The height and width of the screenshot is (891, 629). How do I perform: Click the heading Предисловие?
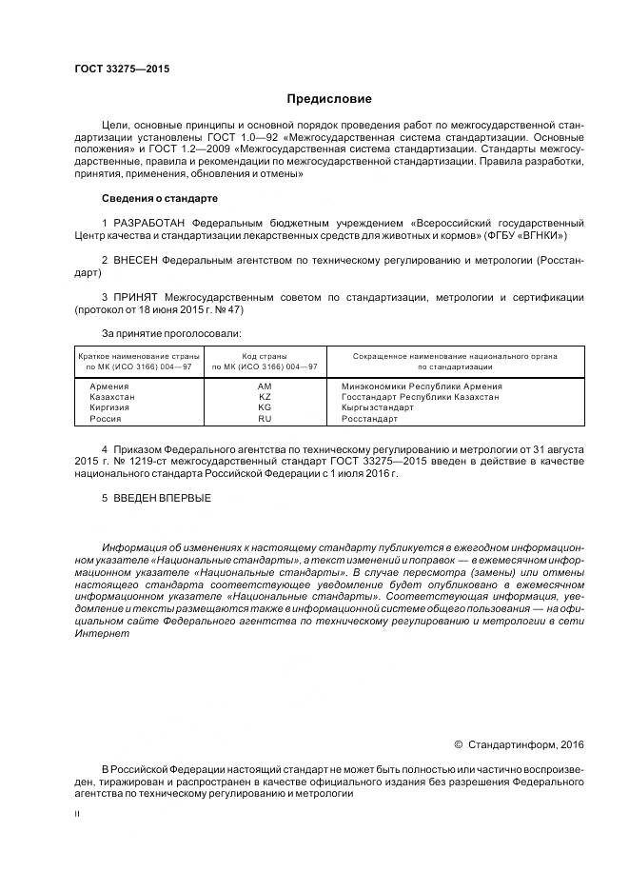[x=329, y=99]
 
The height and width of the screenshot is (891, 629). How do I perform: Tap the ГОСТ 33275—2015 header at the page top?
[x=122, y=69]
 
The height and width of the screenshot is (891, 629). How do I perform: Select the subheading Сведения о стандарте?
[x=159, y=199]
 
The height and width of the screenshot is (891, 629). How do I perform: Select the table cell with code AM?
[x=265, y=386]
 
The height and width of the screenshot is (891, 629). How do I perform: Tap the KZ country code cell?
[x=265, y=396]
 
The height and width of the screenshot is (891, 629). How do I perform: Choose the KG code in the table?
[x=265, y=406]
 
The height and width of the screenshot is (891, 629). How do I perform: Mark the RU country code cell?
[x=265, y=418]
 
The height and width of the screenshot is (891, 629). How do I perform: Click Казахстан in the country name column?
[x=112, y=396]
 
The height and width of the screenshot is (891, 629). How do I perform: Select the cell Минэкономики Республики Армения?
[x=421, y=386]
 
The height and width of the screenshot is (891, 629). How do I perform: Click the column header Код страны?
[x=265, y=356]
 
